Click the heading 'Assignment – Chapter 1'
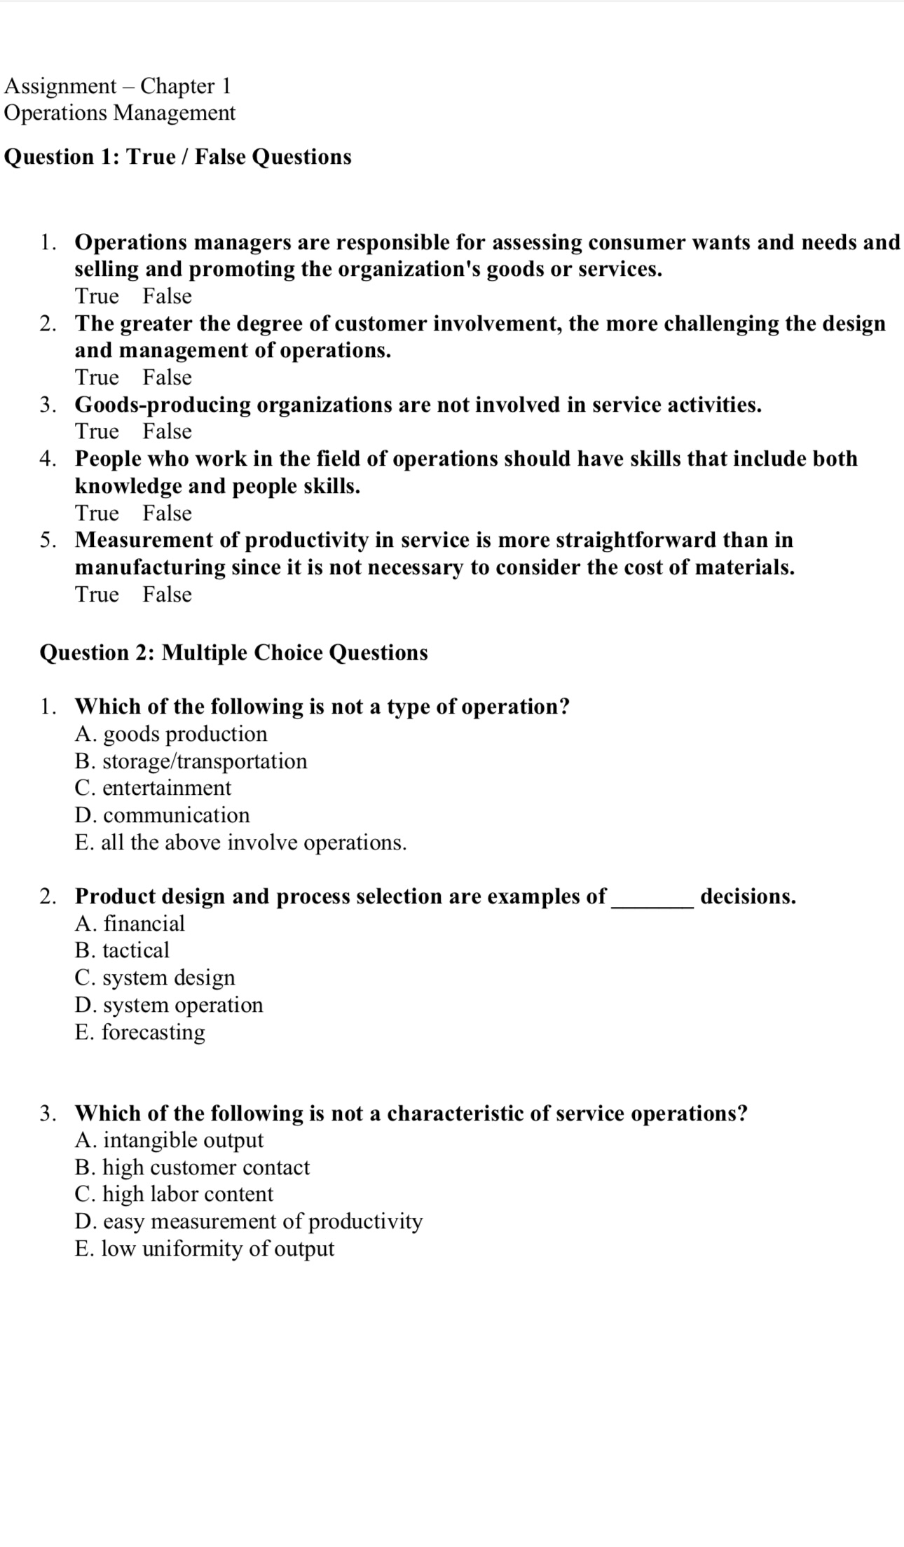point(117,86)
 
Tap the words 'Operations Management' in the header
point(120,113)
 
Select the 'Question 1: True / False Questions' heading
point(178,157)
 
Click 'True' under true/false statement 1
point(97,296)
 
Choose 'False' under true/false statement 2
point(167,377)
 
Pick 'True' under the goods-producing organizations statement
point(97,431)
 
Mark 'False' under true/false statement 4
point(167,513)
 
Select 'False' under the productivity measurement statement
point(167,595)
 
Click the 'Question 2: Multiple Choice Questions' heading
point(233,653)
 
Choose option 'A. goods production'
point(171,734)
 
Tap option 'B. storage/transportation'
point(191,761)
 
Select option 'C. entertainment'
point(153,788)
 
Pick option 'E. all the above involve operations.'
point(240,842)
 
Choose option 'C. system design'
point(155,978)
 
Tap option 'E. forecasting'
point(140,1032)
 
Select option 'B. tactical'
point(122,950)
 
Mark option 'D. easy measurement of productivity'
point(249,1221)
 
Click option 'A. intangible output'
point(169,1140)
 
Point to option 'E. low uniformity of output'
point(205,1249)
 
